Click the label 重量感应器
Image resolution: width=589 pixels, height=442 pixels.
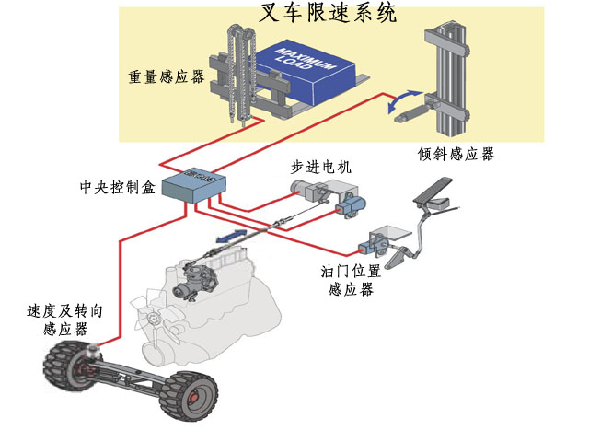point(166,77)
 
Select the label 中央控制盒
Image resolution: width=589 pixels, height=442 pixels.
point(118,189)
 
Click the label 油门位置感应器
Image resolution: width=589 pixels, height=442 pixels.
point(351,281)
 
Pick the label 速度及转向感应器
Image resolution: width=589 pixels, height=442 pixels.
point(64,320)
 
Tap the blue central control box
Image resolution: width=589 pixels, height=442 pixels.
point(192,186)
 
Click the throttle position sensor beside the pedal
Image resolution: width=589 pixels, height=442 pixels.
point(376,243)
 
